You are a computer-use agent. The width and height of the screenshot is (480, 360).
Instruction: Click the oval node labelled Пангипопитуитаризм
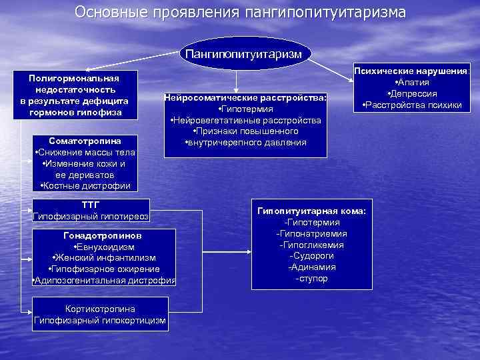click(243, 53)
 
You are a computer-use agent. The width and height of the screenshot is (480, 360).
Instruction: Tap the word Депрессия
click(414, 93)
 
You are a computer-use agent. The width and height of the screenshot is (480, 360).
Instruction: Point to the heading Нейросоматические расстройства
click(245, 97)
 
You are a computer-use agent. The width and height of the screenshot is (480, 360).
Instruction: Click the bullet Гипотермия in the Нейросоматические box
click(246, 109)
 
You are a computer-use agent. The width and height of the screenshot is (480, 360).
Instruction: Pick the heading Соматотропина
click(85, 141)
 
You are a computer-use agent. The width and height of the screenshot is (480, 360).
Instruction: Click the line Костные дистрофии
click(85, 185)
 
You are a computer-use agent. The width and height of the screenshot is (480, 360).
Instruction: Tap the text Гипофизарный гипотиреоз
click(91, 217)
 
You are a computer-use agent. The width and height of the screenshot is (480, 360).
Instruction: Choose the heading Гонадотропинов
click(103, 235)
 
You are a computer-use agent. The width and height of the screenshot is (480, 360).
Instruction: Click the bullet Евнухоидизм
click(104, 247)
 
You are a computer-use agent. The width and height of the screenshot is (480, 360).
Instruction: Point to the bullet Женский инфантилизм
click(104, 258)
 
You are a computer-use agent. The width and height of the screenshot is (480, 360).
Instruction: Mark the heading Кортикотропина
click(100, 309)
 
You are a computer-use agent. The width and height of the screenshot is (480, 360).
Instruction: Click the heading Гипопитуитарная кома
click(311, 211)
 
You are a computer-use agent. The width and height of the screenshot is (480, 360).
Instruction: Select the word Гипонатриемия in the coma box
click(312, 234)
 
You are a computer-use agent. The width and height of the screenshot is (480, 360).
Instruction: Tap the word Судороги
click(312, 256)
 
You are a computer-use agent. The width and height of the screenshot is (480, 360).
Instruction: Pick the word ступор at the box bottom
click(312, 278)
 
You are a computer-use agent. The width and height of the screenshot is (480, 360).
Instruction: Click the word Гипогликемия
click(312, 245)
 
